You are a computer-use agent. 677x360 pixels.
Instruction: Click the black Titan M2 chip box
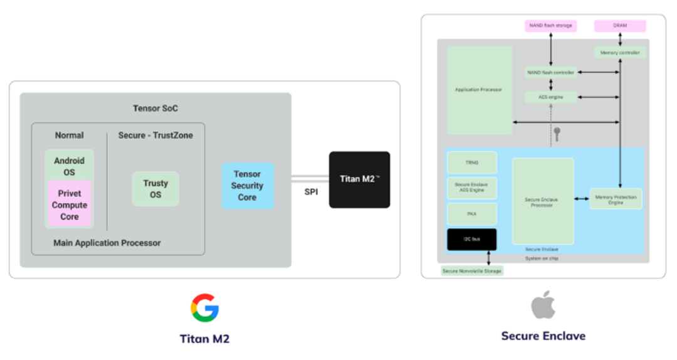pos(359,179)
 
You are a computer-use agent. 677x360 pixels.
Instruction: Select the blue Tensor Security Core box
pos(248,186)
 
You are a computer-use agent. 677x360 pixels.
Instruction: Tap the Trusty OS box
pos(155,189)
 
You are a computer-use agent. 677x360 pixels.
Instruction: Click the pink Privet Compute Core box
pos(70,204)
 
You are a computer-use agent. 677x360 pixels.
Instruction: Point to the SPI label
pos(311,192)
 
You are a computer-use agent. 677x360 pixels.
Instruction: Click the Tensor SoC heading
pos(155,109)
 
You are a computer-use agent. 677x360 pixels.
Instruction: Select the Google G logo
pos(205,307)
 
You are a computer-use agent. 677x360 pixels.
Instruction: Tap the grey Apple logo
pos(543,305)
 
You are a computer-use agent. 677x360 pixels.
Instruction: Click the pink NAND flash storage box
pos(550,26)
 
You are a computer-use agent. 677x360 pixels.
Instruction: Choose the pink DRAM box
pos(619,26)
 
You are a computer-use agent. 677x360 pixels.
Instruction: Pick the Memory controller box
pos(620,53)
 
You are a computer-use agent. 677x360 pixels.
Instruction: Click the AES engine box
pos(550,97)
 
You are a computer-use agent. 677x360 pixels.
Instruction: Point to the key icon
pos(556,133)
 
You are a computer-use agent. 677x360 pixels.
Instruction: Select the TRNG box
pos(471,162)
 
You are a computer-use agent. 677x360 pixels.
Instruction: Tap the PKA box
pos(471,214)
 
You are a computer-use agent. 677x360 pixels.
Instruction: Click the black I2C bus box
pos(471,240)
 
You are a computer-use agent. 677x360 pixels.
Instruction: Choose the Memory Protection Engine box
pos(616,199)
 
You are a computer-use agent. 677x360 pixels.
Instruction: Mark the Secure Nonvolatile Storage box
pos(472,271)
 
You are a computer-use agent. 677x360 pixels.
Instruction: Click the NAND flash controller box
pos(550,73)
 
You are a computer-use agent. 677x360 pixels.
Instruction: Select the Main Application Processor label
pos(107,243)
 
